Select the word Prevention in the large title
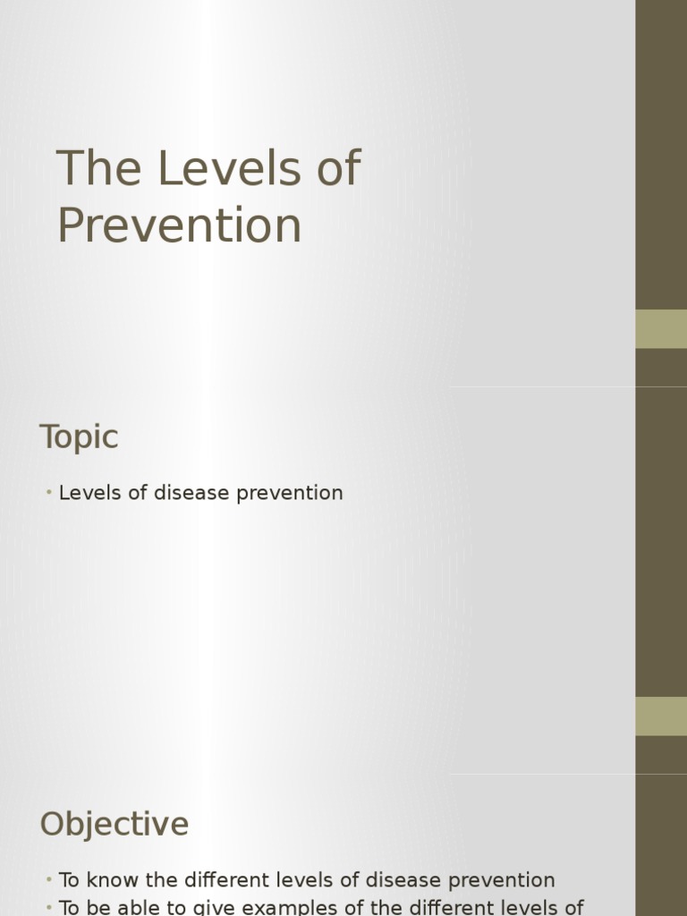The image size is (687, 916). click(x=179, y=225)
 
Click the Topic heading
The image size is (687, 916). click(x=79, y=437)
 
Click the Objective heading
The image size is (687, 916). click(x=114, y=824)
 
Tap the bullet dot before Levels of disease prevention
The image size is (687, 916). click(x=48, y=494)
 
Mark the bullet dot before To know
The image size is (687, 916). click(x=48, y=881)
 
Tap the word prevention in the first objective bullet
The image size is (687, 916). click(x=505, y=881)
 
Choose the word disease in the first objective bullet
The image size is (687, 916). click(x=407, y=880)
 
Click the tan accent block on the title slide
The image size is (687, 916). click(x=661, y=328)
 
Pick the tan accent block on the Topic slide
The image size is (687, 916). click(x=661, y=716)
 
